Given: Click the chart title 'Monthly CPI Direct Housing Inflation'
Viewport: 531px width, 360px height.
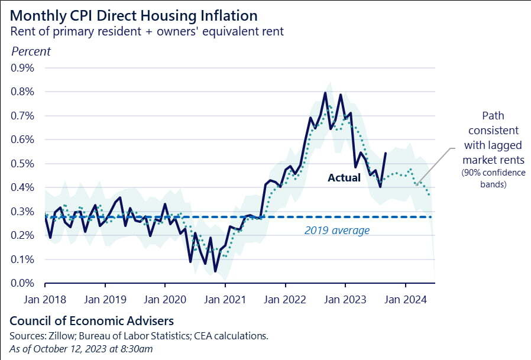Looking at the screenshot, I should [x=133, y=15].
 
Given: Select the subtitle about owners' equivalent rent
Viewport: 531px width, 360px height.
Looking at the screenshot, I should [x=147, y=31].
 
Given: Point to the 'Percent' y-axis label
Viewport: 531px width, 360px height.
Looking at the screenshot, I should [x=31, y=51].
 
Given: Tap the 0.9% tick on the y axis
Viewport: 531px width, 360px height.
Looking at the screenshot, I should [x=22, y=68].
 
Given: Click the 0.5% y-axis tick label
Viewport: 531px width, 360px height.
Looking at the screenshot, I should [x=22, y=164].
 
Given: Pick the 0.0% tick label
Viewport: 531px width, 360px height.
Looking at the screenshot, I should [x=22, y=284].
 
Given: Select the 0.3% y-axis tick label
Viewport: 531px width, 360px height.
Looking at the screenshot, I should [x=22, y=212].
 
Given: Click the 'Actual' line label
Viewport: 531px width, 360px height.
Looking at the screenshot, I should [x=344, y=177].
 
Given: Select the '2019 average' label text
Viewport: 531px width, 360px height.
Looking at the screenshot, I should [x=337, y=231].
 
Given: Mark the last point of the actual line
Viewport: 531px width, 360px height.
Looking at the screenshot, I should [x=386, y=153].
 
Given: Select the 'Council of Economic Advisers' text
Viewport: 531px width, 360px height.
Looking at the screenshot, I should [x=92, y=321].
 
